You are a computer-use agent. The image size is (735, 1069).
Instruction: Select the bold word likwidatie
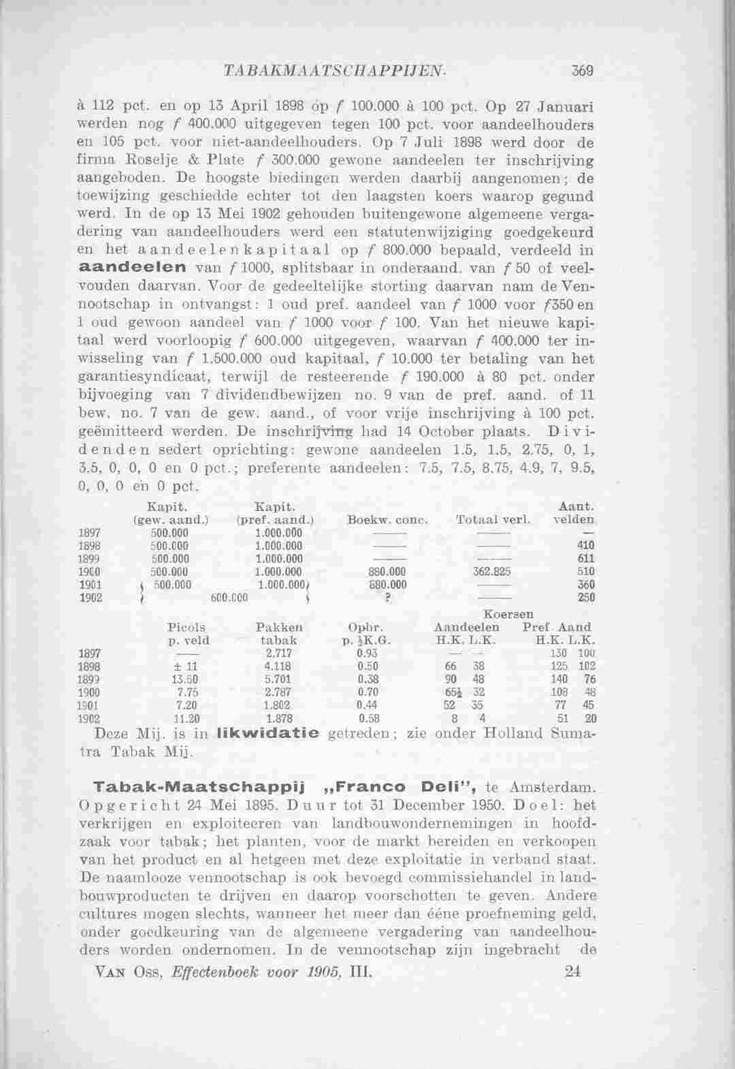267,734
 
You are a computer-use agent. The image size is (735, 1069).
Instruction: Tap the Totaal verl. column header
493,520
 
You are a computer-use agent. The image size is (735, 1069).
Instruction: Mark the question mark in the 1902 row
378,598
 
